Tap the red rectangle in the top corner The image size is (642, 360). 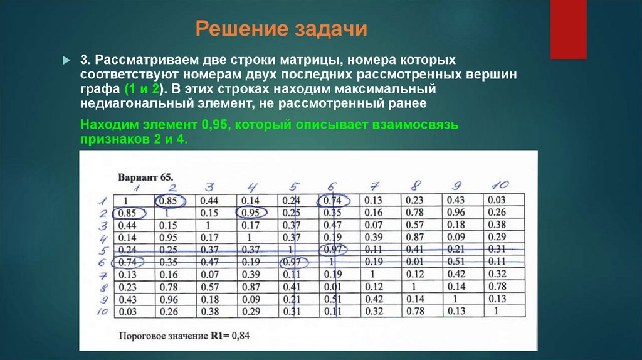(x=568, y=29)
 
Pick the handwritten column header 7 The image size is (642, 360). (x=374, y=186)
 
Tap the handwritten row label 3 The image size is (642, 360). (x=103, y=225)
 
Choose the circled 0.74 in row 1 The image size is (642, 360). (x=334, y=201)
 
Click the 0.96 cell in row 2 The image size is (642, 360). (x=456, y=213)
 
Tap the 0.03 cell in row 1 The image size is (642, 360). (x=497, y=201)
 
